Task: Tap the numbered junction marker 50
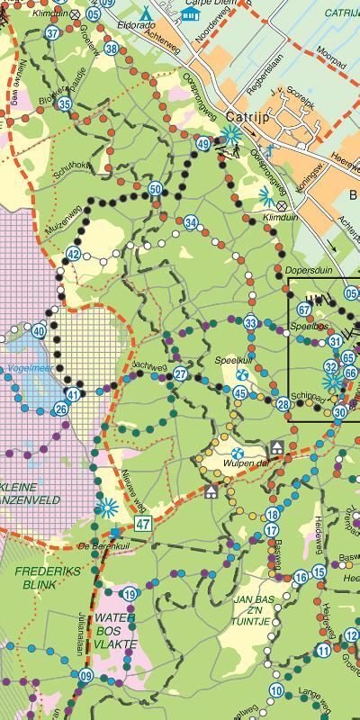tap(156, 189)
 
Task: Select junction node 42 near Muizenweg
tap(74, 255)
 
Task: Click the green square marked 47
tap(143, 523)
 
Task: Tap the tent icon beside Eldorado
tap(148, 13)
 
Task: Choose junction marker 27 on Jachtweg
tap(181, 374)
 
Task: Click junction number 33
tap(250, 323)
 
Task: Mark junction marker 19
tap(130, 593)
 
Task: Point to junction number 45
tap(240, 392)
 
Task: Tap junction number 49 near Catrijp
tap(204, 144)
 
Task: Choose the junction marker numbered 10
tap(276, 690)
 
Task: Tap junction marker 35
tap(64, 103)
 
